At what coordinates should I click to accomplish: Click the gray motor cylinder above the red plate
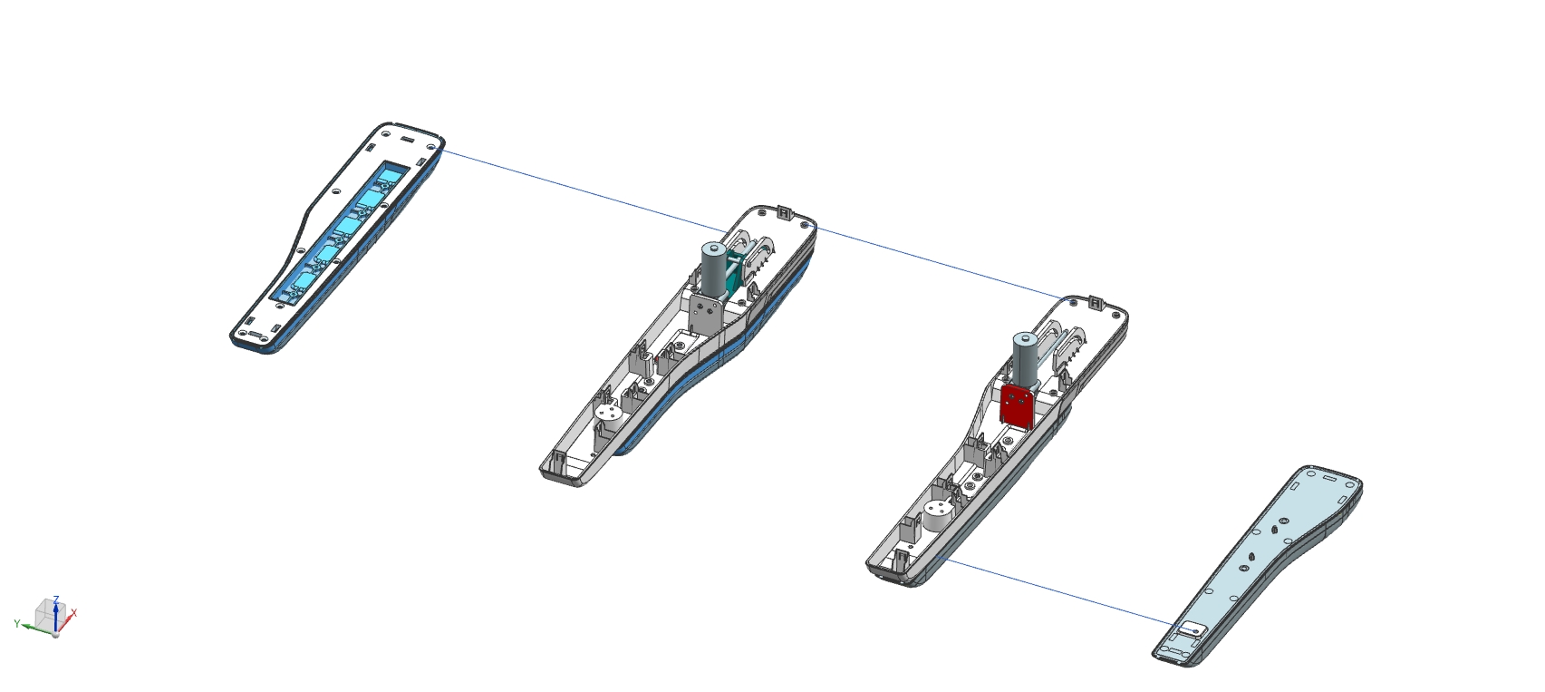click(x=1026, y=358)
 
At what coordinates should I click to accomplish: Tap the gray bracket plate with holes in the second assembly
click(x=705, y=313)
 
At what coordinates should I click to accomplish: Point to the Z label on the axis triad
click(x=56, y=599)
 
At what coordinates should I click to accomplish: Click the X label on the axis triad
click(x=73, y=612)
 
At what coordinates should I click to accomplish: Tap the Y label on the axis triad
click(x=16, y=624)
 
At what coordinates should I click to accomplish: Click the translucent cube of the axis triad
click(x=51, y=615)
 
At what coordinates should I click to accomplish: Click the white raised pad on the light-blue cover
click(x=1192, y=629)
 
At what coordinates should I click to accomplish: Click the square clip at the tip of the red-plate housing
click(x=1096, y=303)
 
